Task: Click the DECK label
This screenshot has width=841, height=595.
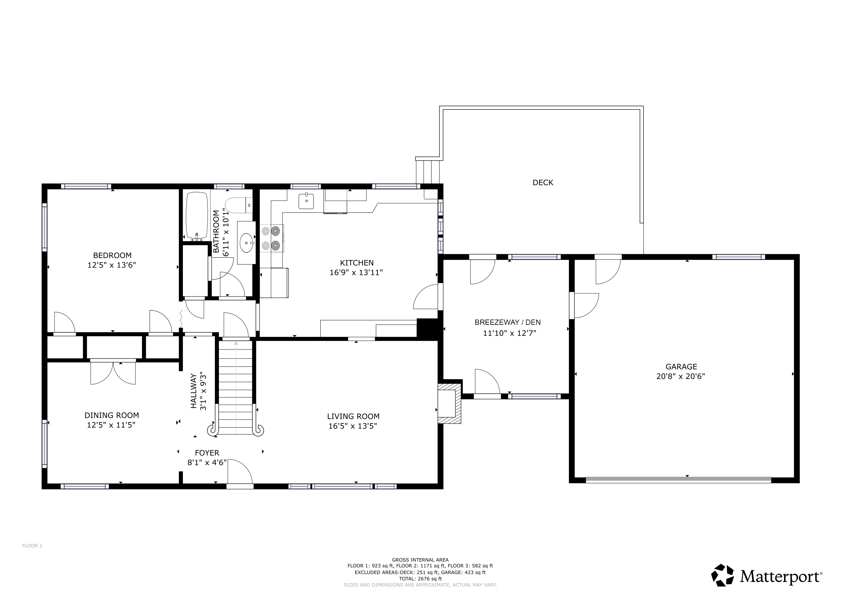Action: click(x=542, y=182)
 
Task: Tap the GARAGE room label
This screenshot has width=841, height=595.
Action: click(x=681, y=366)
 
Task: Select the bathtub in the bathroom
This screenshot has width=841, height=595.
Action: click(x=197, y=216)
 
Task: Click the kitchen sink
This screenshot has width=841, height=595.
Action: click(x=306, y=201)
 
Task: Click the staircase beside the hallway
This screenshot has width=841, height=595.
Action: click(x=236, y=388)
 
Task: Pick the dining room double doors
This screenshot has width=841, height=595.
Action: click(x=113, y=372)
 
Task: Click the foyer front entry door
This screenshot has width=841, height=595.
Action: click(x=240, y=474)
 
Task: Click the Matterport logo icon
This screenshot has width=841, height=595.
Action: click(x=722, y=575)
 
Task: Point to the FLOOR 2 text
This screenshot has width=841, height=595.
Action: click(x=32, y=556)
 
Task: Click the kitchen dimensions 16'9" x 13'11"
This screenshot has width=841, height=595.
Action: click(x=356, y=272)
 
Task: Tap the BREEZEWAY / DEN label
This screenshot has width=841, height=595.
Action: click(x=508, y=322)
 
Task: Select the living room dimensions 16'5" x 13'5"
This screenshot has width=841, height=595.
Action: click(x=353, y=426)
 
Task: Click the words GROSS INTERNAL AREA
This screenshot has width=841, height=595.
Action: click(x=420, y=560)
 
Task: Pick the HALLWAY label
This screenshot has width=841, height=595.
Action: click(x=193, y=391)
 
